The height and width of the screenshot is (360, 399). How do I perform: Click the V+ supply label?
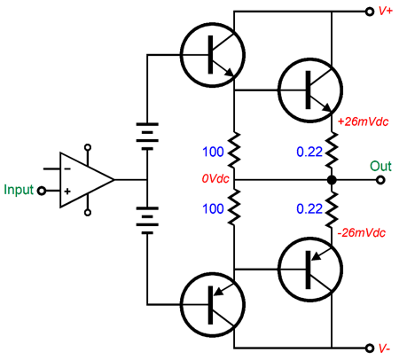[x=386, y=12]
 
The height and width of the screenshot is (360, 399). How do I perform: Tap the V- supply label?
[x=384, y=348]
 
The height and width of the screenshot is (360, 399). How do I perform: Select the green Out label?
[x=380, y=166]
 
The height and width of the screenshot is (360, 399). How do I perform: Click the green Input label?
[x=19, y=190]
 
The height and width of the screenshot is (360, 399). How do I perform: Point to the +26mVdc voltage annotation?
[x=363, y=121]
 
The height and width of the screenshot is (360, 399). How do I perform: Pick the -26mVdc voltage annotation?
[x=362, y=233]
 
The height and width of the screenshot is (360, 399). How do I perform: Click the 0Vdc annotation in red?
[x=215, y=178]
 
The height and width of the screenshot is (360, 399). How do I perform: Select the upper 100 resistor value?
[x=213, y=152]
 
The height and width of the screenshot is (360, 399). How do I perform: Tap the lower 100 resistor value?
[x=213, y=209]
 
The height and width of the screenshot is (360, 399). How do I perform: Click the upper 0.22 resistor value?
[x=309, y=152]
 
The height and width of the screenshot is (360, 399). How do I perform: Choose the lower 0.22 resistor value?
[x=309, y=209]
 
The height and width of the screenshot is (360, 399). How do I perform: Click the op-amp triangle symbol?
[x=87, y=180]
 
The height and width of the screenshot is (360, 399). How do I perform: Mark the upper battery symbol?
[x=147, y=137]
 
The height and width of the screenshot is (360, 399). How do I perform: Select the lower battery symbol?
[x=147, y=221]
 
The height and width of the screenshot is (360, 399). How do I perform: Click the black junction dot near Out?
[x=332, y=180]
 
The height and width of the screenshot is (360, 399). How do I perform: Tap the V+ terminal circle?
[x=370, y=12]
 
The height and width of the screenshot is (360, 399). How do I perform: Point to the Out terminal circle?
[x=381, y=180]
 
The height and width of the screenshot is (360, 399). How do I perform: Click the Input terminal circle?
[x=42, y=191]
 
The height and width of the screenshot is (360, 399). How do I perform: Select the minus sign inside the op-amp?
[x=67, y=169]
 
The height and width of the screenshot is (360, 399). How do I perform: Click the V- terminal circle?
[x=370, y=348]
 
